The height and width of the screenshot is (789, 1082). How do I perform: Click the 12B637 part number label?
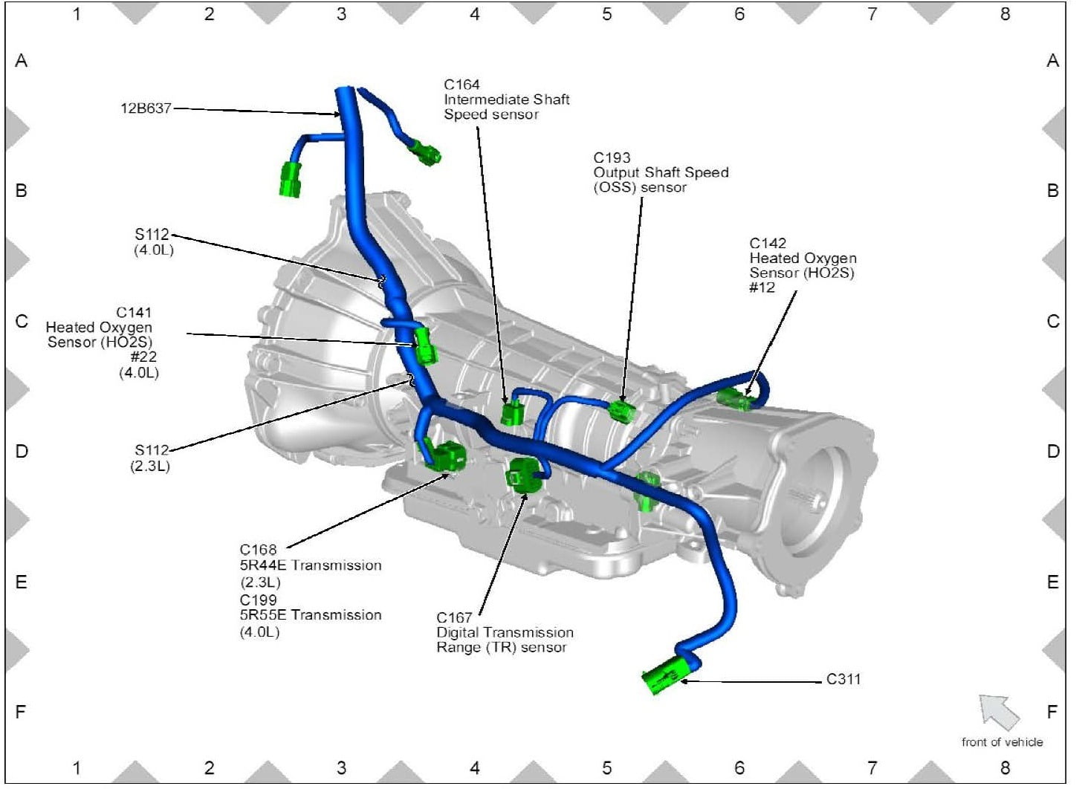(146, 108)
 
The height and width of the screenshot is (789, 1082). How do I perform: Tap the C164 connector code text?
(461, 85)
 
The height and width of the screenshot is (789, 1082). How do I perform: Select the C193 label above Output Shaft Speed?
(612, 158)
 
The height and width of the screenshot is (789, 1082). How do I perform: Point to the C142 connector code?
(767, 243)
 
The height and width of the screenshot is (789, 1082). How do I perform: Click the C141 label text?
(134, 312)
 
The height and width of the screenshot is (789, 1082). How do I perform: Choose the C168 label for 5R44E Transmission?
(258, 550)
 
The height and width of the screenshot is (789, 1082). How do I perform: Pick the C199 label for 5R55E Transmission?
(258, 600)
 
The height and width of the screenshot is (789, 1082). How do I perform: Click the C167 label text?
(454, 617)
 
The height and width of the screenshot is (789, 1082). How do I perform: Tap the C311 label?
(843, 679)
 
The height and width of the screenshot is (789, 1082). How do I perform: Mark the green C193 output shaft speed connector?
(622, 411)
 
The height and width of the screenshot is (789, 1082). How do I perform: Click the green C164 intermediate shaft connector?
(511, 412)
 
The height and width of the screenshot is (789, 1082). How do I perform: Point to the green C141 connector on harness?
(426, 346)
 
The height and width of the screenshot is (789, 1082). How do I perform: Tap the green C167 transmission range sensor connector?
(524, 475)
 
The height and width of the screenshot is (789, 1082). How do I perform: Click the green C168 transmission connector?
(447, 457)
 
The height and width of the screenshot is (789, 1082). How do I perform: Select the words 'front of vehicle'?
(1002, 742)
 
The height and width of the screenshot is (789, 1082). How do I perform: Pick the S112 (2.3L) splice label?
(152, 450)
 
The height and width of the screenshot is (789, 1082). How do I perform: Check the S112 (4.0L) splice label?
(152, 235)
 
